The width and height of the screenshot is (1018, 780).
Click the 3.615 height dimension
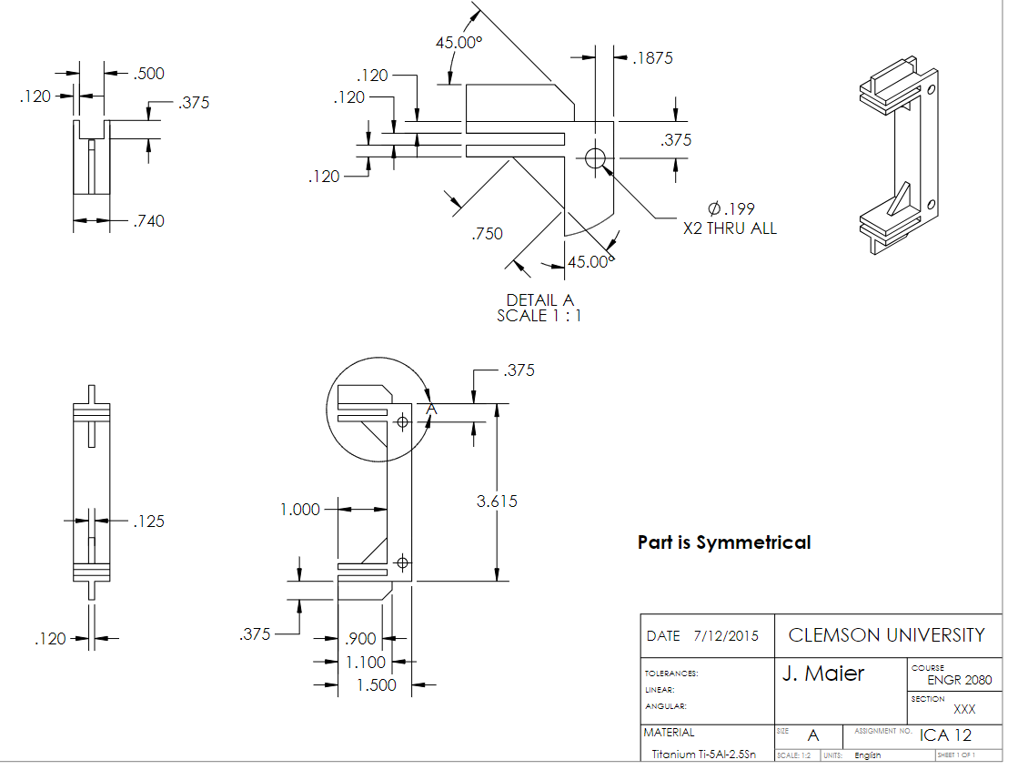point(497,501)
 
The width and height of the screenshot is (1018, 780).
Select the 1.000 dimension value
point(300,510)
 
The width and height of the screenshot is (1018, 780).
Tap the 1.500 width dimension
point(376,684)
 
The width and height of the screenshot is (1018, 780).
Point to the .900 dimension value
point(361,639)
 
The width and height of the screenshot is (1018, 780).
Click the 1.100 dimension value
point(366,663)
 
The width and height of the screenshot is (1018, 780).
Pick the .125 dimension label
point(148,522)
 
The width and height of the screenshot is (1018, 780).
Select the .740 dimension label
point(148,220)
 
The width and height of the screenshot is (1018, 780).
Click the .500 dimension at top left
point(148,74)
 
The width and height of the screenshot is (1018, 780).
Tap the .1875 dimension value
point(652,58)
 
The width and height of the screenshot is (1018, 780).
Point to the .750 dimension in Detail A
point(487,234)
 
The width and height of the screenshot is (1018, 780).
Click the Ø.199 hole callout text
point(731,209)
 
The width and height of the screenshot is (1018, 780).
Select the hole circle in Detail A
point(596,158)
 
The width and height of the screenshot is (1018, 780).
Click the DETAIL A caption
point(539,300)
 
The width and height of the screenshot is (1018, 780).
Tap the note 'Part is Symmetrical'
point(723,542)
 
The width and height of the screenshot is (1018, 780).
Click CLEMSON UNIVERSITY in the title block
point(886,635)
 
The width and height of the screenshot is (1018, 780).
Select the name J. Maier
point(823,674)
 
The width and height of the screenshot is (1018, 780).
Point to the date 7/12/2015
point(725,636)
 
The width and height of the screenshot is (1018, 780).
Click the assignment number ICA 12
point(945,735)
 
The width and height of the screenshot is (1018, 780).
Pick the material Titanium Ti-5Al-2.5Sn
point(703,755)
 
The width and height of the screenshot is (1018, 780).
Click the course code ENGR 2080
point(959,680)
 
